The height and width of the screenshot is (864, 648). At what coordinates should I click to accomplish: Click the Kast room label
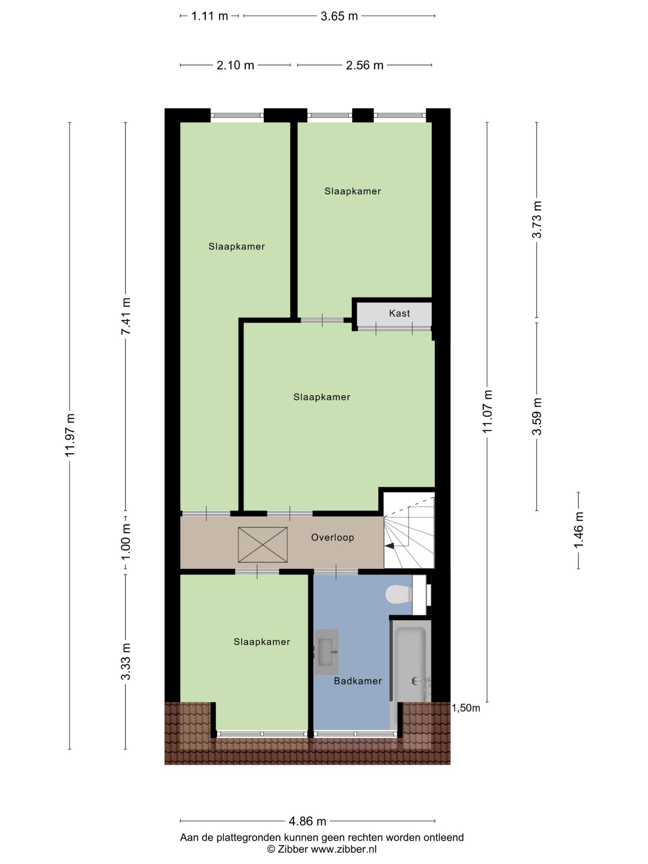click(x=399, y=313)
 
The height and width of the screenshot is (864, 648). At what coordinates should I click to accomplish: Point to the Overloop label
click(x=332, y=537)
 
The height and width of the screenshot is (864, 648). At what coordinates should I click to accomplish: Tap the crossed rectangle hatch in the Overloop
click(x=263, y=545)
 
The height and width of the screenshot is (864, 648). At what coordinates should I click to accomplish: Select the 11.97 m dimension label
click(x=70, y=435)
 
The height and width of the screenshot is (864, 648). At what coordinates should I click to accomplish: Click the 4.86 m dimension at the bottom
click(x=307, y=821)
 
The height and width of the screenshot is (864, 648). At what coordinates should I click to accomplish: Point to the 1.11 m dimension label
click(x=209, y=16)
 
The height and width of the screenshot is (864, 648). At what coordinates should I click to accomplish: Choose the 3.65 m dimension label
click(x=339, y=16)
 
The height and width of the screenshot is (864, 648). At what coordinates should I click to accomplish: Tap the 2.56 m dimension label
click(x=364, y=65)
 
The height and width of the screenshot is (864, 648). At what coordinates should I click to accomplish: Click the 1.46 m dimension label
click(x=578, y=530)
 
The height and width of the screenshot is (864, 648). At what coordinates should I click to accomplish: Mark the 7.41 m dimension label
click(x=126, y=316)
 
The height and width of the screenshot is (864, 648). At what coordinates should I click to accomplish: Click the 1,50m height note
click(x=466, y=708)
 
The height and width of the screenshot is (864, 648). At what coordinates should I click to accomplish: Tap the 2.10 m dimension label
click(x=235, y=65)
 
